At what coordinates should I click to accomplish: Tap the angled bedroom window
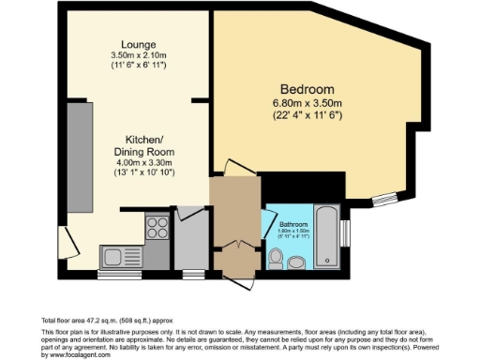385,198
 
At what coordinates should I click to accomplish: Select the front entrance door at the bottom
236,273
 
